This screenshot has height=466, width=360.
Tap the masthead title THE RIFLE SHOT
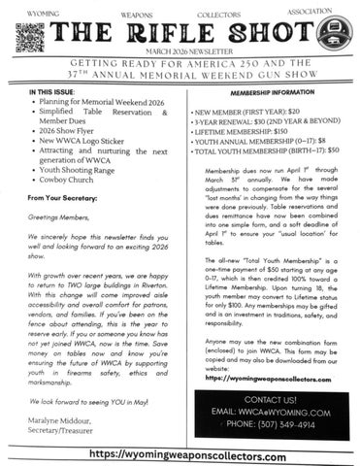point(179,34)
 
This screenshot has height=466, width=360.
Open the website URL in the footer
point(180,453)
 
